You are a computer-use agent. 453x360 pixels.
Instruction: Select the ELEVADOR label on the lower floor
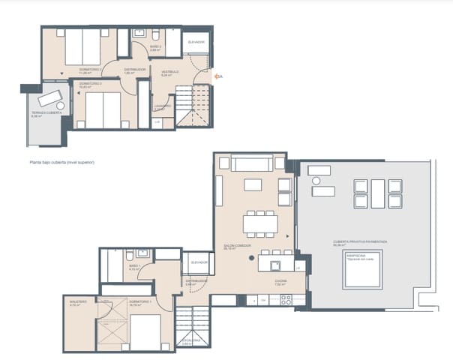(x=199, y=262)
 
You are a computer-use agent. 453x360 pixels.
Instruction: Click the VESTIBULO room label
(x=169, y=73)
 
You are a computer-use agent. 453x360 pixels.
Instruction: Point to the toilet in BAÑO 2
(x=154, y=35)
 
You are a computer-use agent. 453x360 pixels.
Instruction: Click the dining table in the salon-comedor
(x=259, y=223)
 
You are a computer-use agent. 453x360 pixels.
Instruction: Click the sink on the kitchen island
(x=274, y=264)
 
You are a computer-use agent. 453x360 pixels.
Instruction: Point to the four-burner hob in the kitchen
(x=286, y=299)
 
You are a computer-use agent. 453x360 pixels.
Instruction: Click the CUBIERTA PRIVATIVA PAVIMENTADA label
(x=361, y=242)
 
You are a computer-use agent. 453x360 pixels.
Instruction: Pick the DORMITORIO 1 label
(x=140, y=301)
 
